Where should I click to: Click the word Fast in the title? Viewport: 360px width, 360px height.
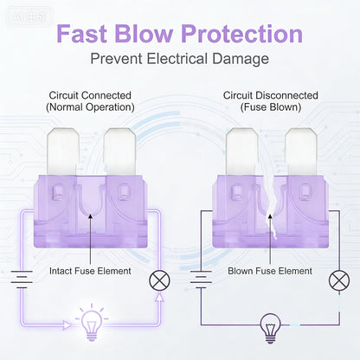click(81, 34)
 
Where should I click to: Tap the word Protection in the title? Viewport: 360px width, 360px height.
click(242, 34)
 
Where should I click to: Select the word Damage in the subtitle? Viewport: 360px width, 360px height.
click(241, 59)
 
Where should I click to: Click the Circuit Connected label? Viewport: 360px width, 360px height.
click(90, 95)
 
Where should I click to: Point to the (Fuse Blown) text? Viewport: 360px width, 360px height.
click(271, 107)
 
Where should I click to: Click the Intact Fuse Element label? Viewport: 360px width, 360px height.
click(90, 271)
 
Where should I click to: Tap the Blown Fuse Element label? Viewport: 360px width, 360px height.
click(270, 271)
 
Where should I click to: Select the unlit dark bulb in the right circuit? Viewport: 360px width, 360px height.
click(270, 328)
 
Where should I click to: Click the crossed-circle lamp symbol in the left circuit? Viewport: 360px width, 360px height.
click(159, 280)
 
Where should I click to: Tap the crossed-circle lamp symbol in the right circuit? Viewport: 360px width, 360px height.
click(339, 280)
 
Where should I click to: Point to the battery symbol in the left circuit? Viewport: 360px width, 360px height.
click(22, 280)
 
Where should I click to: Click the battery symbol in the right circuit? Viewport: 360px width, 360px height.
click(201, 280)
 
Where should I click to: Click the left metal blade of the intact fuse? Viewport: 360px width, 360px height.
click(63, 151)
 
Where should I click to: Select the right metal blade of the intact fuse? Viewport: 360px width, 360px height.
click(119, 151)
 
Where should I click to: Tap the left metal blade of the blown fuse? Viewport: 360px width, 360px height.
click(242, 151)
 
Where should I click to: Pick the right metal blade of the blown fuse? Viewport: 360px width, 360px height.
click(301, 151)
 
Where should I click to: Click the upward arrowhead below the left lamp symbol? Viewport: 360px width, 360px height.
click(159, 297)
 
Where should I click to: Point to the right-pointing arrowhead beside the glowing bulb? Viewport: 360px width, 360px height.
click(67, 325)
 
